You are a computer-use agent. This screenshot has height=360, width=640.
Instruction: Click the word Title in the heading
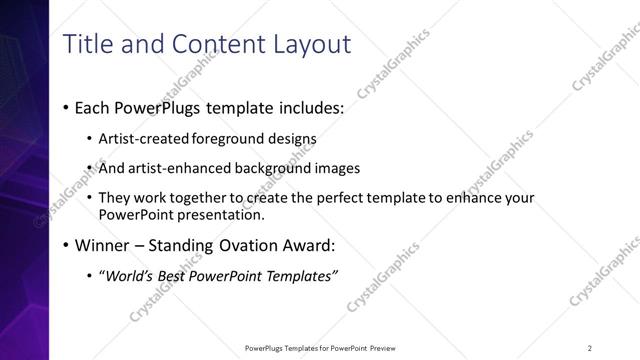tap(88, 44)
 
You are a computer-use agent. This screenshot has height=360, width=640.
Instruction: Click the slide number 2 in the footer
tap(590, 348)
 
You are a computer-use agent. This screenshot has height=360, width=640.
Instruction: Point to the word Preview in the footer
tap(388, 348)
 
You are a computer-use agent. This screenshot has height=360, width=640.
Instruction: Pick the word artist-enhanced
tap(176, 169)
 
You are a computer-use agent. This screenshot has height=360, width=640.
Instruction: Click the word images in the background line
tap(337, 169)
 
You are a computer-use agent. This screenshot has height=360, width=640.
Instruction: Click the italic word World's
tap(130, 275)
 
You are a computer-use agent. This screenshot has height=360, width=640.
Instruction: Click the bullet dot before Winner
tap(66, 245)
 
